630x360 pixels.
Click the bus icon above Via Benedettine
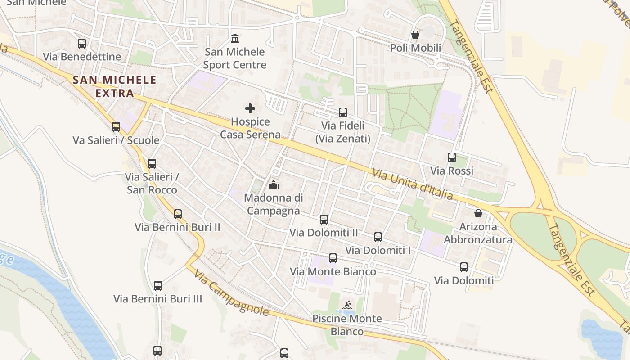point(82,44)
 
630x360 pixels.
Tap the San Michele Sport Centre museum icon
point(234,38)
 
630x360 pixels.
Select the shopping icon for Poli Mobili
point(415,35)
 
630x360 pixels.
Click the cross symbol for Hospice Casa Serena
point(250,108)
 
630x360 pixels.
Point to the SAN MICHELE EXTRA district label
point(115,86)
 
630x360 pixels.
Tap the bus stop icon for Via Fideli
point(343,112)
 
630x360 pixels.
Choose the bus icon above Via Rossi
point(452,157)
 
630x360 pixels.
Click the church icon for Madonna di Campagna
point(273,184)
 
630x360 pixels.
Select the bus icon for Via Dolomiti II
point(324,220)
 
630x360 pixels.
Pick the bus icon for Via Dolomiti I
point(378,237)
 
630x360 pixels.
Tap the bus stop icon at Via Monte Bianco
point(333,258)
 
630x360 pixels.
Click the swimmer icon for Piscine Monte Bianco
point(347,306)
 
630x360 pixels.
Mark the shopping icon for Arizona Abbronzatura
point(478,213)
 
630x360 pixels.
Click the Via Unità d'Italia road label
point(412,184)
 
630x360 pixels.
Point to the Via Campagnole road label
point(231,293)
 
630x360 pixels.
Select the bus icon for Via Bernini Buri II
point(178,214)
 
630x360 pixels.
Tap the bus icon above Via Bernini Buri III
point(158,286)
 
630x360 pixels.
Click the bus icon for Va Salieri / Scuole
point(116,127)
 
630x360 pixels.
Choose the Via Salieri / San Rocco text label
point(152,183)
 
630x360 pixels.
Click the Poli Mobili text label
point(415,48)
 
